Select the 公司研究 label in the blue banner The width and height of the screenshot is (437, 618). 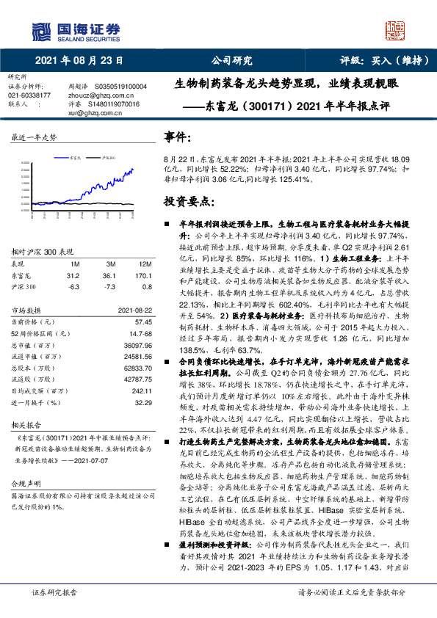231,61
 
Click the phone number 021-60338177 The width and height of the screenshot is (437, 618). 29,95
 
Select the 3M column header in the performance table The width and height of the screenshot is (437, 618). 111,263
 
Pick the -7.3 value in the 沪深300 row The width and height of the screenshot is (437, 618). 111,287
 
